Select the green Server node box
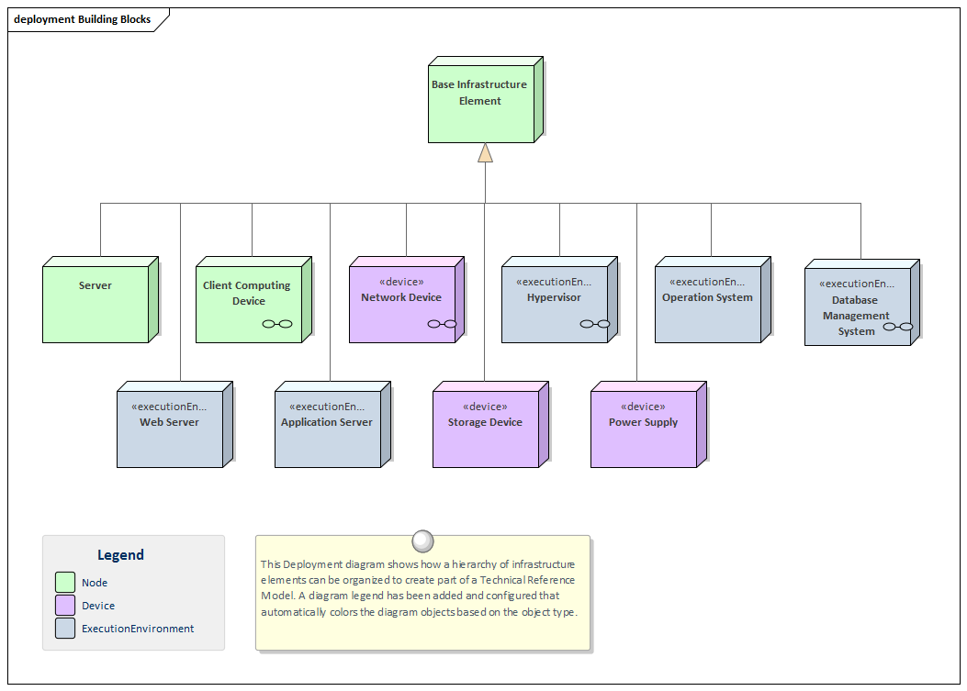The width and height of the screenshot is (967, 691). coord(96,304)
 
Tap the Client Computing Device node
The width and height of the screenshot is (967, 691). coord(249,304)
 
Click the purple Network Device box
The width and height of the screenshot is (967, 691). coord(402,304)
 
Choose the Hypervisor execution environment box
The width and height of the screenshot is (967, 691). coord(555,304)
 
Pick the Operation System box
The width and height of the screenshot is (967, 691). coord(708,304)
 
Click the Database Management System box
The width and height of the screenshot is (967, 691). coord(857,306)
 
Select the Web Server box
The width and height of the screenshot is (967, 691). coord(170,428)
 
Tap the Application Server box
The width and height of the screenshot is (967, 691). coord(328,428)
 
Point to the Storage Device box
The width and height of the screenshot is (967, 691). coord(486,428)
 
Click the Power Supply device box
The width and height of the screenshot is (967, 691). coord(644,428)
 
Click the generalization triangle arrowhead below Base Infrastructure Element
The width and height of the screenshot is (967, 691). coord(485,153)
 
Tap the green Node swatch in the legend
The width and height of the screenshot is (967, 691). coord(65,583)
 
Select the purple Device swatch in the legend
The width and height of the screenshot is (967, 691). coord(65,606)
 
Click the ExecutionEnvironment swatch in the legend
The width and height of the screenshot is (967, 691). coord(65,629)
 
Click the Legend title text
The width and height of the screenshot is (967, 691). coord(120,555)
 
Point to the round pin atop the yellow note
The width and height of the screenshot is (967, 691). coord(422,540)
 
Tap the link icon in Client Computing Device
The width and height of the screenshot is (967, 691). coord(276,324)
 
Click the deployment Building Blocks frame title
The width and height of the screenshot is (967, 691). coord(83,19)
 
